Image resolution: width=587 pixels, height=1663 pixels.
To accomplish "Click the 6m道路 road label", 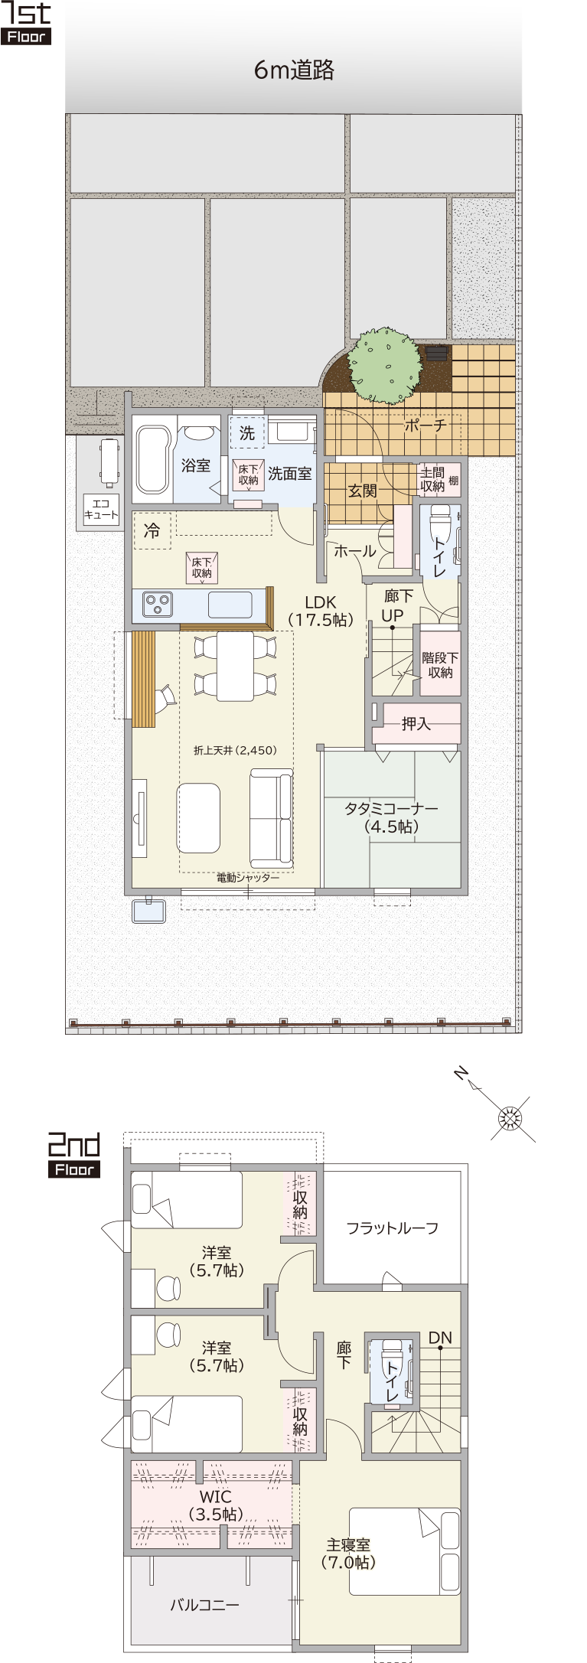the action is point(294,70).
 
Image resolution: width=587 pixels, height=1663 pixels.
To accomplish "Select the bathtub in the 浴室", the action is point(153,459).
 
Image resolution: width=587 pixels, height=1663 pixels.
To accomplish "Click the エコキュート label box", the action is point(102,510).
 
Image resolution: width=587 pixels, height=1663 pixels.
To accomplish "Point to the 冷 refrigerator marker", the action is point(152,530).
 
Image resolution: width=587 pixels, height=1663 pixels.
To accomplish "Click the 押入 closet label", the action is point(416,723).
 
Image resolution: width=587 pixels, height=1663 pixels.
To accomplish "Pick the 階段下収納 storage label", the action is point(440,665).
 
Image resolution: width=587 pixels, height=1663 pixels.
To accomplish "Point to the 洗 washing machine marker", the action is point(247,433).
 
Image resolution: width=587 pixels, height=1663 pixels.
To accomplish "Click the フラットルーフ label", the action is point(392,1228).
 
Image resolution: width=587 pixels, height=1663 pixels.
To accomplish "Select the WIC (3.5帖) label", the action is point(216,1505).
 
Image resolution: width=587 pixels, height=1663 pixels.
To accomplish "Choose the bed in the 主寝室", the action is point(405,1551).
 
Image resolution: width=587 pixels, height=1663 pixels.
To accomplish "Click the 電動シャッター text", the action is point(248,878).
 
